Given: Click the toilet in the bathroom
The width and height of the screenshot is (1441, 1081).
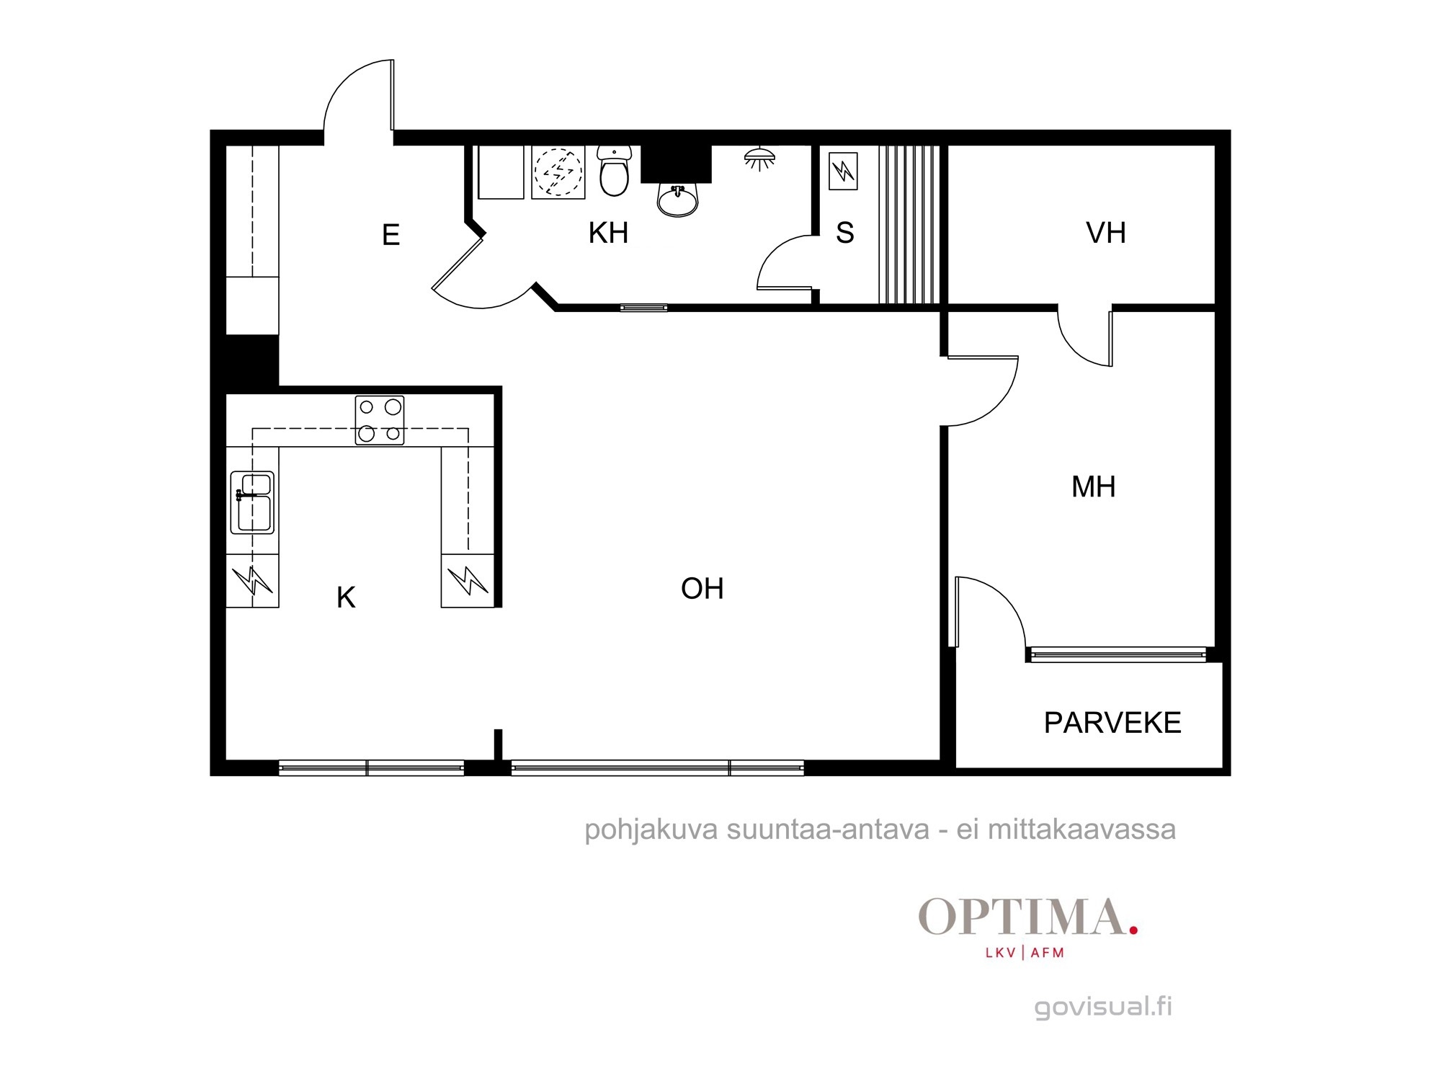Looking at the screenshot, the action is [614, 171].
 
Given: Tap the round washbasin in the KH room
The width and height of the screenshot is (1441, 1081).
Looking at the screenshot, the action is [677, 199].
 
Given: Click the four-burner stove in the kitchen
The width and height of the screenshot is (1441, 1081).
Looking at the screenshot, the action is [380, 420].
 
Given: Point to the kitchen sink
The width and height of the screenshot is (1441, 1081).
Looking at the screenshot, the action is [252, 502].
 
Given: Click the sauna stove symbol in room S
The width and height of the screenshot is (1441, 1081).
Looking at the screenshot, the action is [843, 171].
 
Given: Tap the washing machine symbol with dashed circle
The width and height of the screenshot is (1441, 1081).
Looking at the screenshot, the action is [558, 172].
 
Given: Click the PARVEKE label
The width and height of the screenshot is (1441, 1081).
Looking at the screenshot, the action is [1112, 723].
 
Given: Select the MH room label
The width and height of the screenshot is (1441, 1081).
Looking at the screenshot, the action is [1093, 487].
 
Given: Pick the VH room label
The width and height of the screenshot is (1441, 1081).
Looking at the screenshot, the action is [1105, 233].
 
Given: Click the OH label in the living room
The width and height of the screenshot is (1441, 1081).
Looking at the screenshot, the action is [702, 589].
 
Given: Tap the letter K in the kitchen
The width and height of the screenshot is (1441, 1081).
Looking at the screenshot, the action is [346, 597].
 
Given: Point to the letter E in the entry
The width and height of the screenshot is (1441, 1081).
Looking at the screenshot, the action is [391, 235].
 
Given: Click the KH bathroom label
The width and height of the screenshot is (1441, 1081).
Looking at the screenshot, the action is [608, 233].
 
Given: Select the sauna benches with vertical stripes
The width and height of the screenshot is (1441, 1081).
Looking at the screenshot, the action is [909, 224].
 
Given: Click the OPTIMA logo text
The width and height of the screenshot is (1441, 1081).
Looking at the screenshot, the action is [1022, 917].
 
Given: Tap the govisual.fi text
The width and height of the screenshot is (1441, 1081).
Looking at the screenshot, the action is [1103, 1007].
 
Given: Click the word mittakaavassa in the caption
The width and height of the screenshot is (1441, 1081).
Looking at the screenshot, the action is [1081, 829].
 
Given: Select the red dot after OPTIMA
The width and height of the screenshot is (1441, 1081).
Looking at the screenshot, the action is [1133, 930].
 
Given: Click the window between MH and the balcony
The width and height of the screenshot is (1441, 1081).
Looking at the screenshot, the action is [1117, 654].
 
